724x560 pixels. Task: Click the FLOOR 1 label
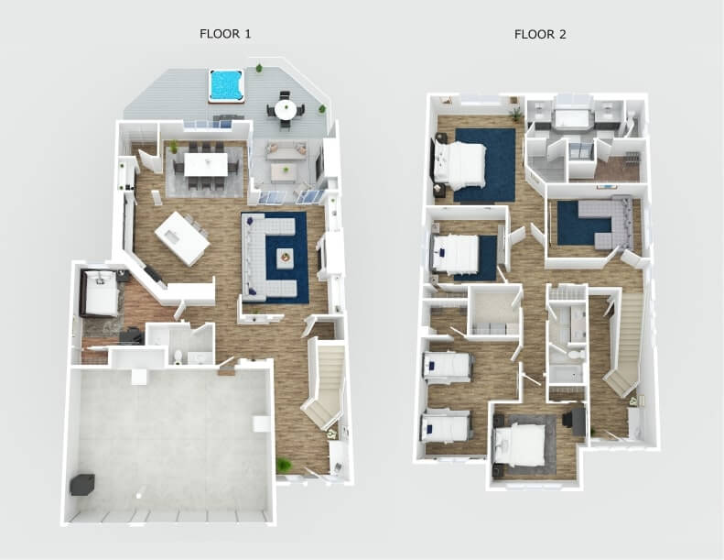tap(225, 34)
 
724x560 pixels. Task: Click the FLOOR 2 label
tap(540, 35)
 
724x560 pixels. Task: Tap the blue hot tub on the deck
tap(225, 85)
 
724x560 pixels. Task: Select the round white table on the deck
tap(286, 110)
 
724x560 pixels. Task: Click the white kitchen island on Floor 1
tap(181, 237)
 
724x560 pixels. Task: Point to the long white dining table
tap(205, 164)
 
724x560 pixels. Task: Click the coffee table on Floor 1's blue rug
tap(286, 258)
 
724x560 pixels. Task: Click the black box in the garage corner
tap(82, 484)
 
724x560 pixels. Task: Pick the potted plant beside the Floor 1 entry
tap(285, 467)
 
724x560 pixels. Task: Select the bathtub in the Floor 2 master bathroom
tap(573, 120)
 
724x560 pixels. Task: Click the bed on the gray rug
tap(523, 444)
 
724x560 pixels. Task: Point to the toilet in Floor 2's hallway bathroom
tap(575, 353)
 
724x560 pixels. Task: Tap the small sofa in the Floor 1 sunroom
tap(286, 151)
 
